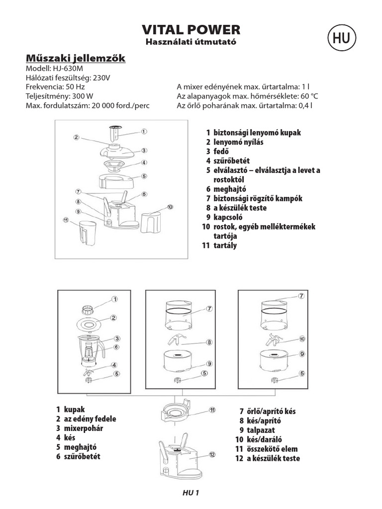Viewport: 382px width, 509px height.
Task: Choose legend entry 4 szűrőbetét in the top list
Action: (x=231, y=161)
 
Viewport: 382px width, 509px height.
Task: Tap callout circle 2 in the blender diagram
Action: (x=113, y=318)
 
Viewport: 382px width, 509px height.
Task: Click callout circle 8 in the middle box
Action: (x=209, y=342)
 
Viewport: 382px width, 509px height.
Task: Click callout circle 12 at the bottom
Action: (x=211, y=454)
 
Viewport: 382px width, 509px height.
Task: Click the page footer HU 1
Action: (x=191, y=493)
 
